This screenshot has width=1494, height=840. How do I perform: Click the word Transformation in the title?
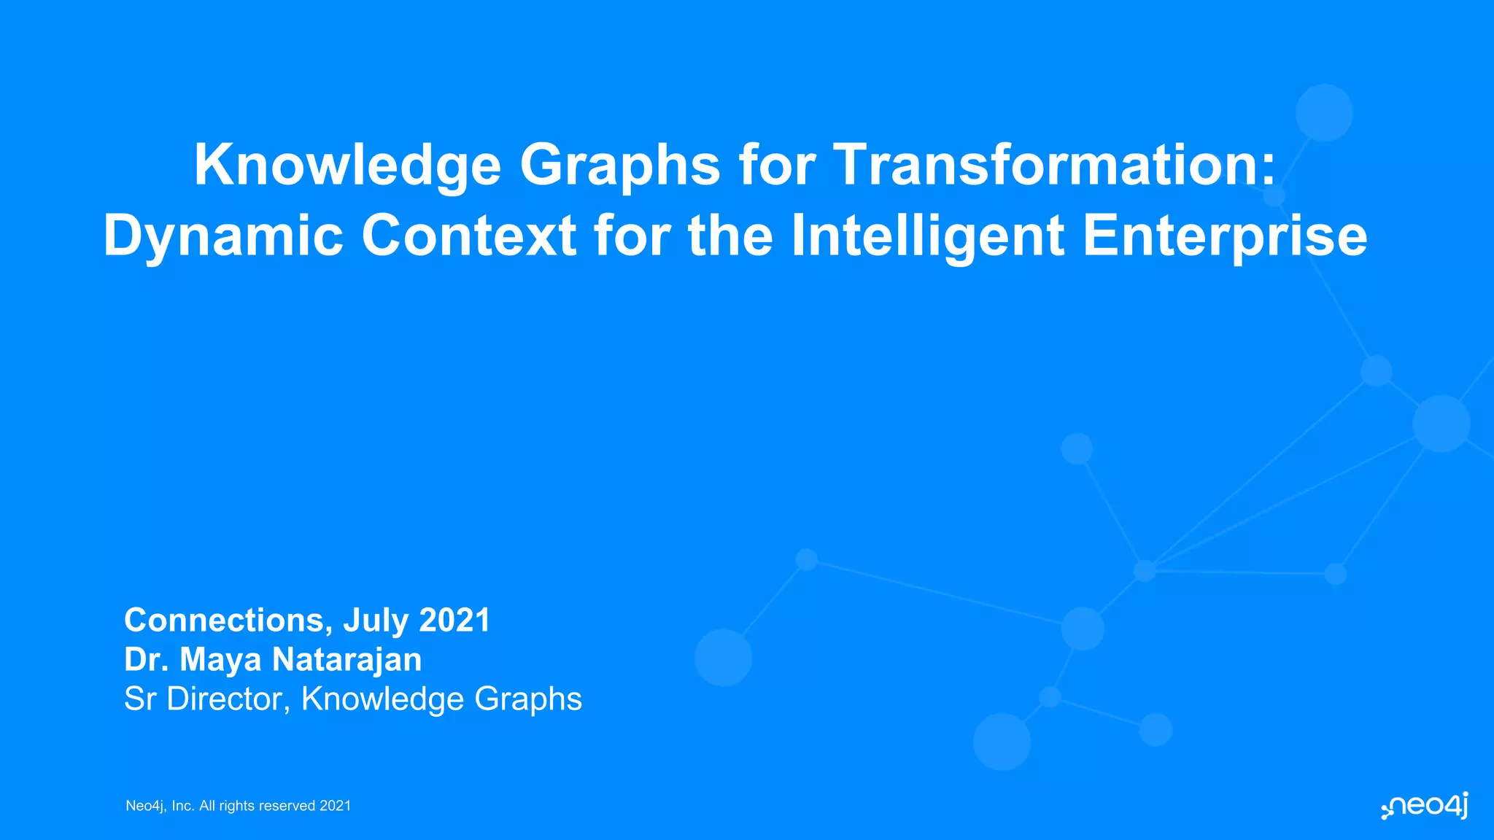[x=1055, y=165]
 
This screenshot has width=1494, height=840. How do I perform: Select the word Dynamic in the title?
[x=223, y=236]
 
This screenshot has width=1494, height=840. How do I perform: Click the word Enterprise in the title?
[x=1225, y=236]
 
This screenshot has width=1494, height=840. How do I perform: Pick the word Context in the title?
[x=469, y=236]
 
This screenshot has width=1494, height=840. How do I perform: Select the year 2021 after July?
[x=454, y=621]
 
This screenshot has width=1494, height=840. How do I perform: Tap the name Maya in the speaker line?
[x=220, y=660]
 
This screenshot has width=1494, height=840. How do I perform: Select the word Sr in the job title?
[x=140, y=699]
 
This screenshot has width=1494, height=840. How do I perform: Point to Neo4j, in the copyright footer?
[x=147, y=806]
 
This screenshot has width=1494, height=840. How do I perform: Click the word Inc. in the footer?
[x=183, y=806]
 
